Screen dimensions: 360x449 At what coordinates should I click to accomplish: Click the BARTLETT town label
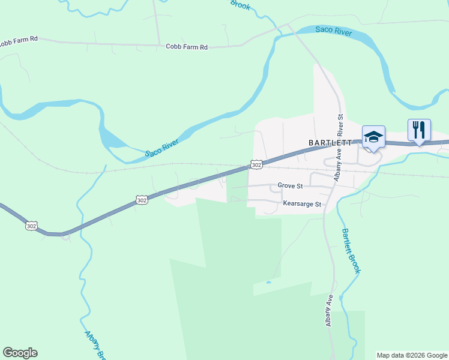[x=329, y=143]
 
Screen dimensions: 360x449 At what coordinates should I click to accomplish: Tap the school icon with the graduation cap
[x=373, y=137]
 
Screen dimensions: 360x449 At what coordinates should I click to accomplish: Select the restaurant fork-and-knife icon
[x=419, y=130]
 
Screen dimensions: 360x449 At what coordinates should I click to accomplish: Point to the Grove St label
[x=291, y=186]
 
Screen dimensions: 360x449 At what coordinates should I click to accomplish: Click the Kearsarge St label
[x=303, y=205]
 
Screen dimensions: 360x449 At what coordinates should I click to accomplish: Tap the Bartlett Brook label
[x=351, y=251]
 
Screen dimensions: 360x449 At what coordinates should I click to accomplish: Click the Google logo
[x=20, y=353]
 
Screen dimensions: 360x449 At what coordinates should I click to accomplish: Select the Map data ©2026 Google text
[x=411, y=355]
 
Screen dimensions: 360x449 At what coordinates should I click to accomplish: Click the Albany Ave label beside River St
[x=337, y=164]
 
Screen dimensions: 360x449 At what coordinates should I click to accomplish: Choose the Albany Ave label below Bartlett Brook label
[x=329, y=310]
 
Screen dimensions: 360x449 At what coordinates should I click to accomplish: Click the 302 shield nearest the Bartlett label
[x=256, y=164]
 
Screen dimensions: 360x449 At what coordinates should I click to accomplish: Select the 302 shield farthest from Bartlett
[x=31, y=226]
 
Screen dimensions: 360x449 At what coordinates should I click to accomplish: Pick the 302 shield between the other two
[x=142, y=200]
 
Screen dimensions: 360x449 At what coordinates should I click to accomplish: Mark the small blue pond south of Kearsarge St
[x=268, y=281]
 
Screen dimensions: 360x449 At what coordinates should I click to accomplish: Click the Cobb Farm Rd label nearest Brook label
[x=187, y=46]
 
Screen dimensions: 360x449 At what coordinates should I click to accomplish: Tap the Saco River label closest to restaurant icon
[x=334, y=32]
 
